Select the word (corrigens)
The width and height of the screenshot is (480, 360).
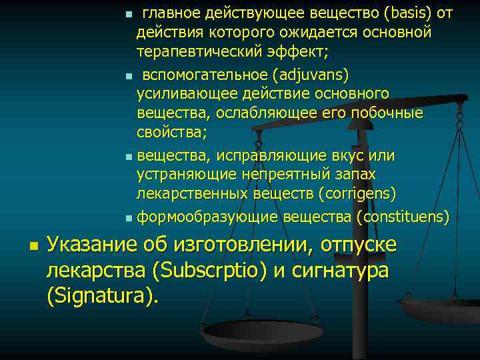click(357, 194)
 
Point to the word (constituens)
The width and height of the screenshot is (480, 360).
click(403, 217)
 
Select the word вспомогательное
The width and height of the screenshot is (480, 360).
click(199, 73)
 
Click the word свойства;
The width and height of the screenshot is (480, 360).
click(172, 131)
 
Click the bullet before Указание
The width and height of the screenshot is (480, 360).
click(33, 247)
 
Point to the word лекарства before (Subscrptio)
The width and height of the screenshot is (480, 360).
click(97, 271)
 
